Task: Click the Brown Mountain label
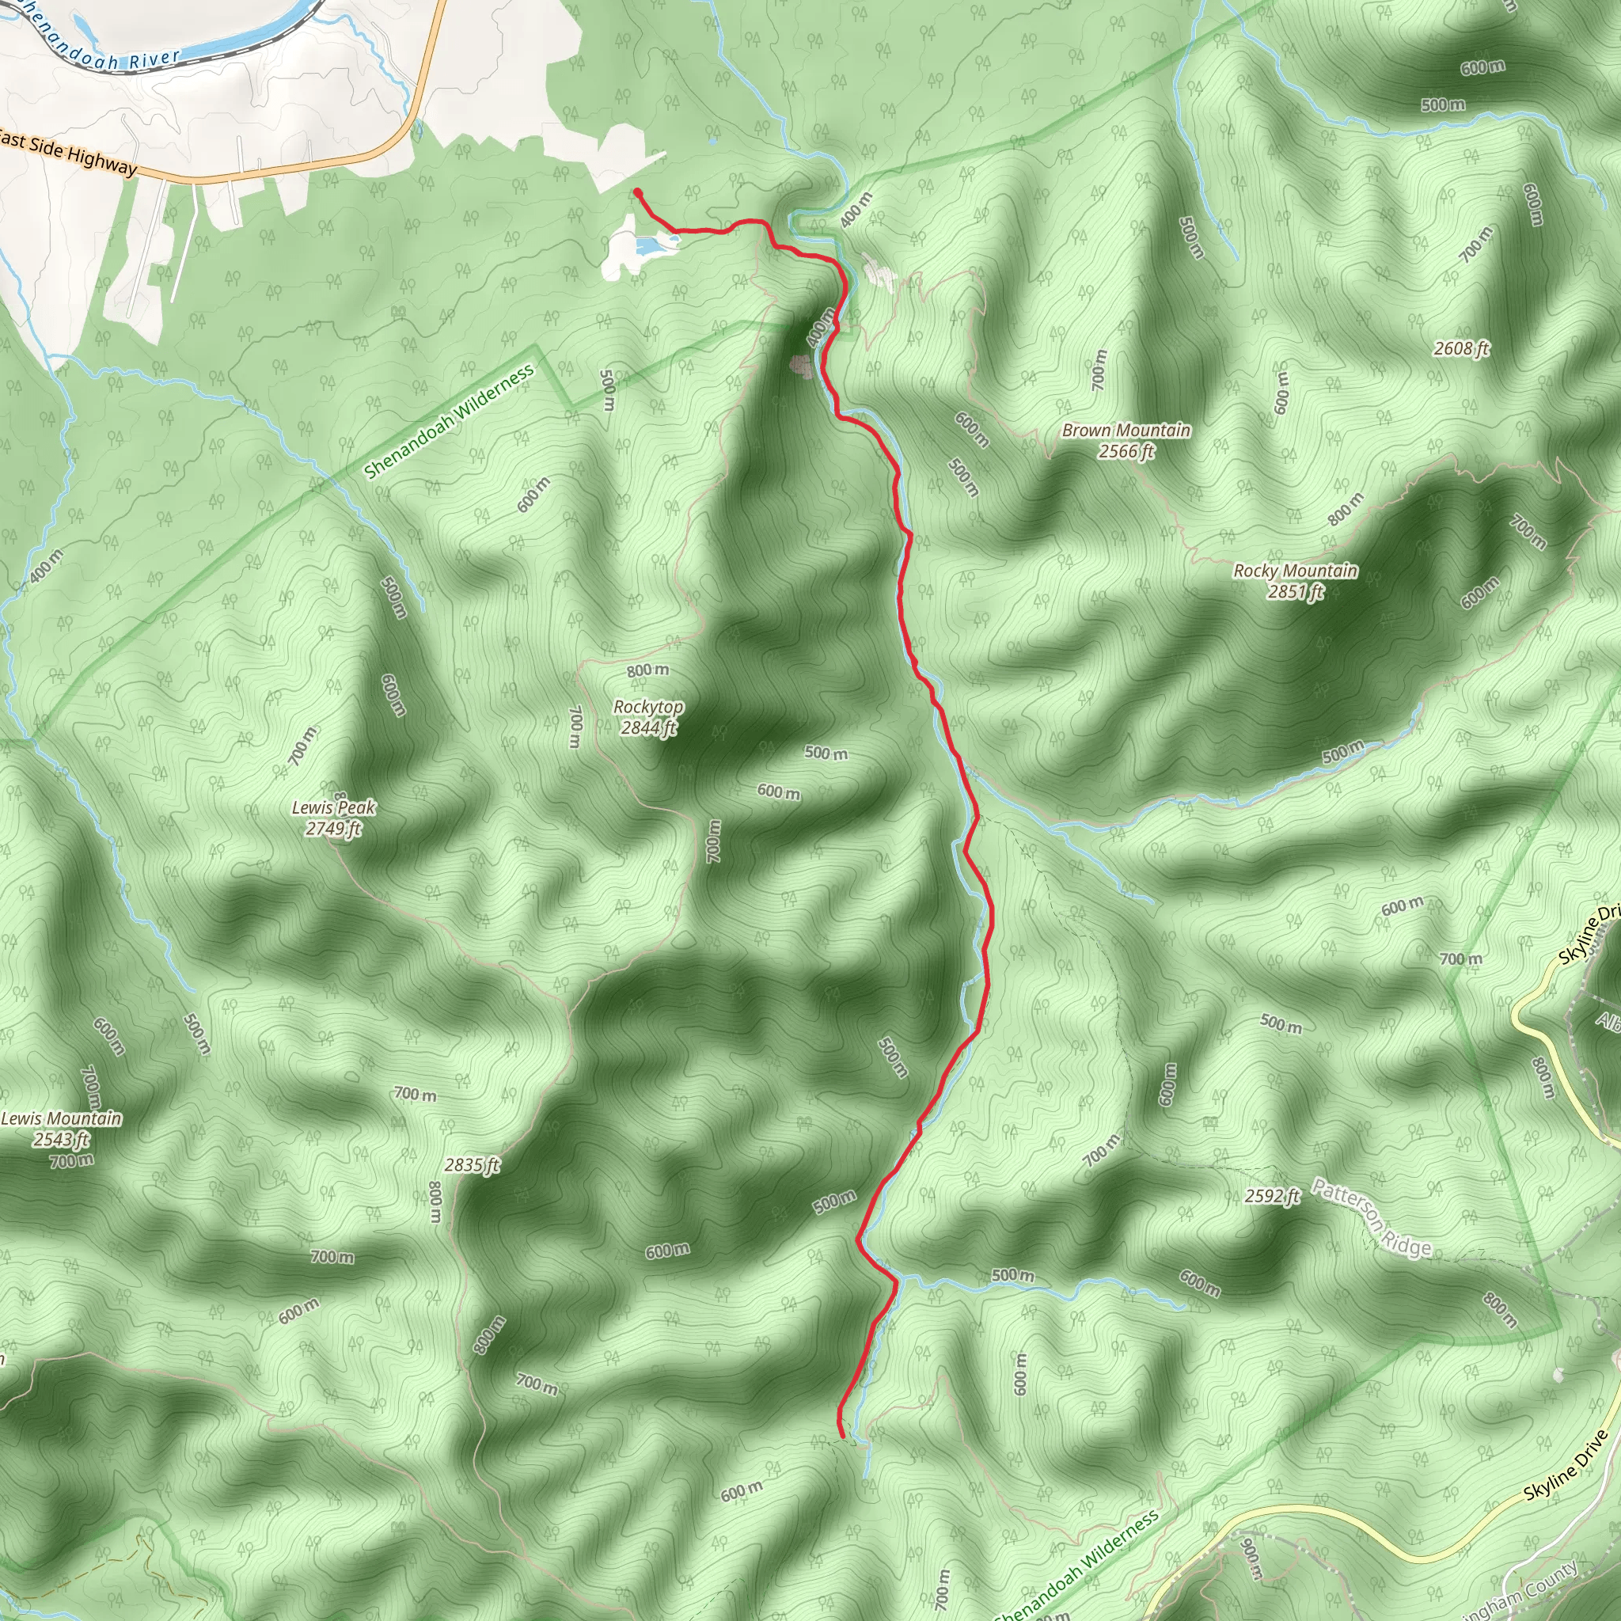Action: [x=1126, y=431]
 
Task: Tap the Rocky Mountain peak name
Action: [x=1295, y=571]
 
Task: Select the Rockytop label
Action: [x=647, y=708]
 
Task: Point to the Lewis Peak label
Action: [x=333, y=808]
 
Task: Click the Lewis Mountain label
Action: [x=61, y=1118]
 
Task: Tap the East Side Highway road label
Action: [x=67, y=152]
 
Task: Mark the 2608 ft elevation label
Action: [x=1462, y=348]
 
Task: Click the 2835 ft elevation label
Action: [x=472, y=1164]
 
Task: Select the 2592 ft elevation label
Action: [x=1272, y=1196]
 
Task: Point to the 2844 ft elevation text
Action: [x=648, y=728]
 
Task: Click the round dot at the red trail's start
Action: [x=638, y=193]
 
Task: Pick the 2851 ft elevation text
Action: [x=1295, y=592]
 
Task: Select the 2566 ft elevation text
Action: [x=1126, y=451]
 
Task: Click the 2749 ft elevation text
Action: [x=333, y=829]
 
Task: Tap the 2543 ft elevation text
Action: [x=61, y=1140]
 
